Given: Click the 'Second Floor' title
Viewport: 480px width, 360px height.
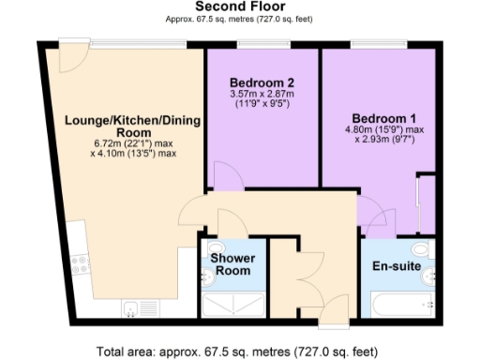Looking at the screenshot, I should pyautogui.click(x=239, y=7).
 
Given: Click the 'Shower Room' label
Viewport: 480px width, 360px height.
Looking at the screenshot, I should pyautogui.click(x=230, y=264).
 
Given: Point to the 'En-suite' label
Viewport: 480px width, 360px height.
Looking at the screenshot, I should pyautogui.click(x=394, y=266).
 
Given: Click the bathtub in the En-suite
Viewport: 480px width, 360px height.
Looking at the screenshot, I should pyautogui.click(x=401, y=305).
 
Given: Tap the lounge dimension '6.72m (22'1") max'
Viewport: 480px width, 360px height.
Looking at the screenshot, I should pyautogui.click(x=135, y=143).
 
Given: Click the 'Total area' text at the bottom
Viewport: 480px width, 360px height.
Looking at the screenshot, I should pyautogui.click(x=240, y=351).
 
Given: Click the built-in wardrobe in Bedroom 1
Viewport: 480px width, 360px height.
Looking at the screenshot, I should pyautogui.click(x=425, y=202).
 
